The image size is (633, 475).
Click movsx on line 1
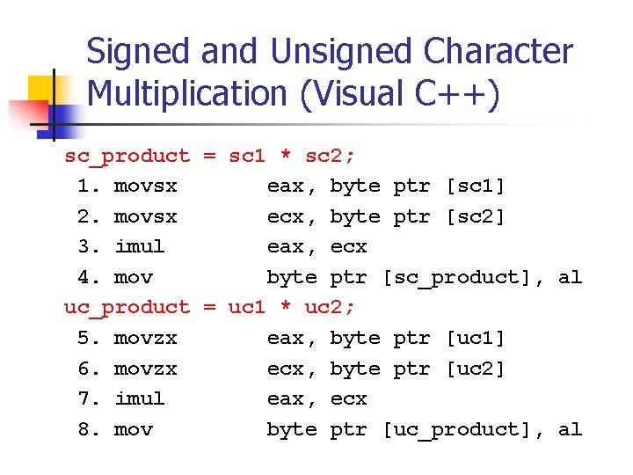point(145,186)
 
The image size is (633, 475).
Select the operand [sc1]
point(476,186)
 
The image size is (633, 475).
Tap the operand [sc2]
point(476,216)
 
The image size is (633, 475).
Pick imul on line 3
point(139,247)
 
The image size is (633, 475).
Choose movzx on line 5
point(145,339)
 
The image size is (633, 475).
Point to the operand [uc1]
point(476,339)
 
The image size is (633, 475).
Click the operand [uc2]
point(476,369)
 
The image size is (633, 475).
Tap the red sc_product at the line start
point(127,157)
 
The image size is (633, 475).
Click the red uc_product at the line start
point(127,308)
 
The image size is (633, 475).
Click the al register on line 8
point(570,430)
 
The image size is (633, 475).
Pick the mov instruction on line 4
point(133,278)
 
